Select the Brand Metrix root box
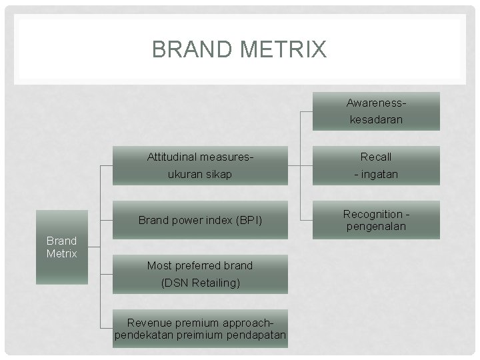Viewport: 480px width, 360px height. (61, 247)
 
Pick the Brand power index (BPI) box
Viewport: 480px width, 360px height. (200, 220)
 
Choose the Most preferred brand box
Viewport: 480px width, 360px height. (200, 274)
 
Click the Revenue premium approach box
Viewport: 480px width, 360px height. (200, 328)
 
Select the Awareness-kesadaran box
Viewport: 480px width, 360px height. (376, 111)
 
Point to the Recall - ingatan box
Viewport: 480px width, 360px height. (376, 165)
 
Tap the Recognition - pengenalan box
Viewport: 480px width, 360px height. (376, 220)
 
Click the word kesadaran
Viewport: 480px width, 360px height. (376, 121)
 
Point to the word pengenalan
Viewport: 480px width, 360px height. (376, 227)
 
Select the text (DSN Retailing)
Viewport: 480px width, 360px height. (200, 283)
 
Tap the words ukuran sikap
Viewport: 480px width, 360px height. (200, 174)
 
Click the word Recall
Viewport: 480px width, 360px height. (376, 157)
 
